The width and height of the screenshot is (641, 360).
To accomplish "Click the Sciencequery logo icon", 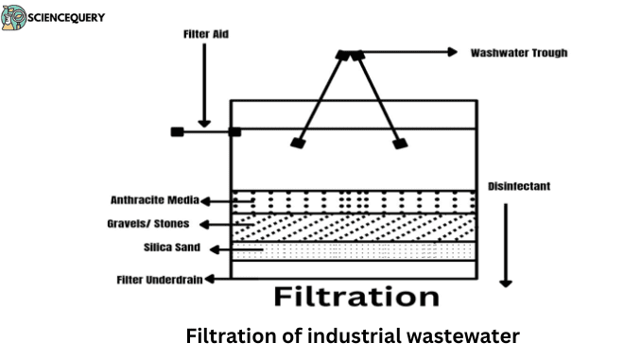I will (14, 17).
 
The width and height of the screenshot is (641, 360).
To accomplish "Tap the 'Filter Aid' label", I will (206, 34).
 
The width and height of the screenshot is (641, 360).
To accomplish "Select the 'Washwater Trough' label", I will (518, 53).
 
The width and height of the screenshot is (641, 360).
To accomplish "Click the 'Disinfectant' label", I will (518, 186).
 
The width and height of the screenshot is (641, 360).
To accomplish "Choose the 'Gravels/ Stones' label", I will (148, 224).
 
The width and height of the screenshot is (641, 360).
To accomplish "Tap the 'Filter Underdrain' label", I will (157, 279).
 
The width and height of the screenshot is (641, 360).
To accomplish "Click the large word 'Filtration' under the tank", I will (355, 296).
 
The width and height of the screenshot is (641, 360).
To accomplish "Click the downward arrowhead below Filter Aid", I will (204, 122).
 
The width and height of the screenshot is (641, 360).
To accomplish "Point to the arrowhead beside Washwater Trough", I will (453, 53).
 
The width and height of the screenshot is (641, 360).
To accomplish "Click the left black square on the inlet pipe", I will (177, 131).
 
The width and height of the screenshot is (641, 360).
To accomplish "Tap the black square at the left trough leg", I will (298, 144).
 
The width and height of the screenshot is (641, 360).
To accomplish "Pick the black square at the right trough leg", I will (400, 144).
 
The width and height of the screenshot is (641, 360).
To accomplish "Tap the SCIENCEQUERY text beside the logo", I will (67, 17).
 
